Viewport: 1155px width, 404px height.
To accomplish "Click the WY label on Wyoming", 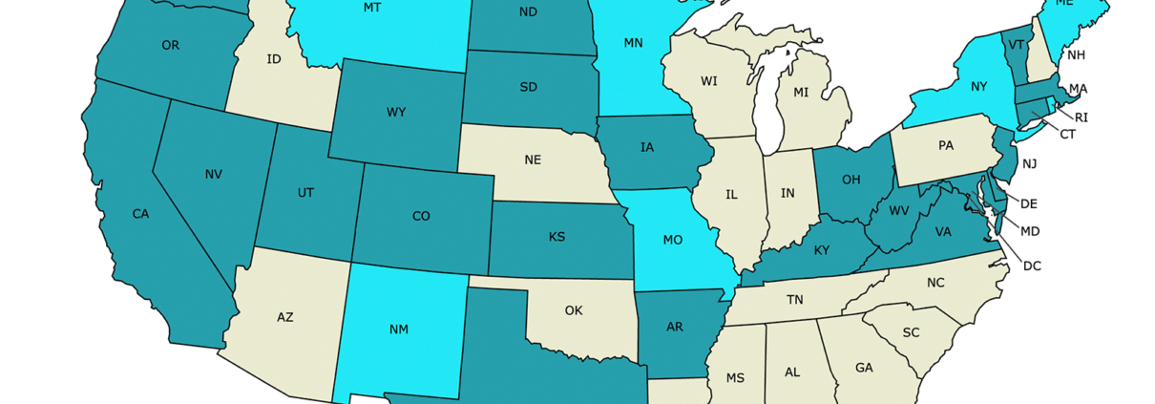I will pos(396,113).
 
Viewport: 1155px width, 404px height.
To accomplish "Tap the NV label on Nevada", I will pos(213,174).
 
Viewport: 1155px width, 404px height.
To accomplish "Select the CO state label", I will pos(421,216).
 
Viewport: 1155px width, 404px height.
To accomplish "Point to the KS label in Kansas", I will pos(556,236).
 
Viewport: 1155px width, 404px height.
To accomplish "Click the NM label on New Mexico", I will pos(399,330).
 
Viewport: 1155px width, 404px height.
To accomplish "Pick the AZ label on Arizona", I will pos(284,317).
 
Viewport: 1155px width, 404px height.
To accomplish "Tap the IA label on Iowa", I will pos(647,147).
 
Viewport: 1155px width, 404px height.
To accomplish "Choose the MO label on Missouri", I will pos(672,240).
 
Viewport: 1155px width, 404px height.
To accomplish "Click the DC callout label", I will pos(1032,266).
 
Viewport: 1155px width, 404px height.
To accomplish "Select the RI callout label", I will pos(1081,117).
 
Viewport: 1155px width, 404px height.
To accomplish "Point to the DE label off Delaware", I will pos(1029,203).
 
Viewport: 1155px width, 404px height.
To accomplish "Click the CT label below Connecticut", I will pos(1067,135).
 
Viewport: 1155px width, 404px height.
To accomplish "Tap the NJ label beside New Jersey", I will pos(1030,164).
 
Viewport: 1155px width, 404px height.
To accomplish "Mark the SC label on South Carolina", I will pos(911,332).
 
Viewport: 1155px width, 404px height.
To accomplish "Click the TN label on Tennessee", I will pos(794,300).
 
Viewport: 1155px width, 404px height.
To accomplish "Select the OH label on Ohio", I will pos(851,179).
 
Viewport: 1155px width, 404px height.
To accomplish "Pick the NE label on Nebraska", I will pos(533,159).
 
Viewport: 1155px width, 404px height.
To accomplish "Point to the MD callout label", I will pos(1030,231).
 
